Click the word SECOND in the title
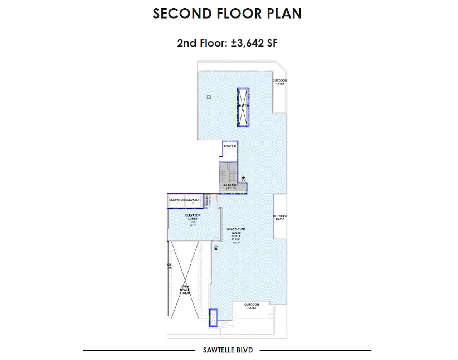(x=182, y=14)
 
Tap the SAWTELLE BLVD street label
(x=228, y=350)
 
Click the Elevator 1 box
(x=177, y=201)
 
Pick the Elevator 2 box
(x=193, y=201)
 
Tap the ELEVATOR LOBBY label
(x=193, y=217)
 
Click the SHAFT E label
(x=230, y=146)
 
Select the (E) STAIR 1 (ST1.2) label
(x=231, y=186)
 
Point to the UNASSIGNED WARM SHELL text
(x=236, y=233)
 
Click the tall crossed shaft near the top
(x=243, y=107)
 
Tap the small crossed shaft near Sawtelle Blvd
(x=213, y=318)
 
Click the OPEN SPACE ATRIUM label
(x=185, y=290)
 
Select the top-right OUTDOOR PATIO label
(x=280, y=82)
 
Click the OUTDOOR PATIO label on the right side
(x=280, y=218)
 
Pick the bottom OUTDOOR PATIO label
(x=252, y=306)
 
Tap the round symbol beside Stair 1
(x=244, y=179)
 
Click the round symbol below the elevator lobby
(x=216, y=248)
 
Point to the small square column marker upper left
(x=209, y=97)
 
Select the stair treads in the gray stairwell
(x=228, y=175)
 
